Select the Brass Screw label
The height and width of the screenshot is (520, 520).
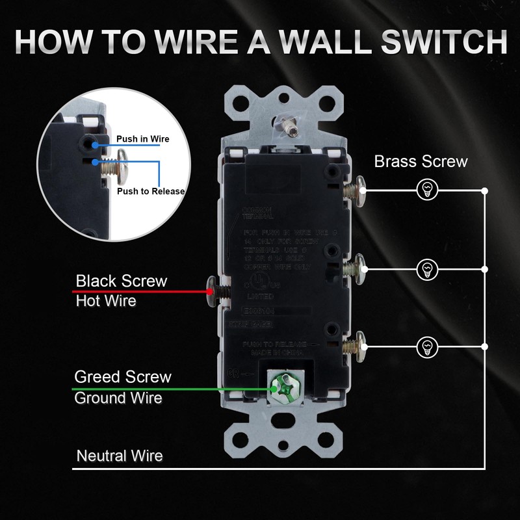click(x=421, y=161)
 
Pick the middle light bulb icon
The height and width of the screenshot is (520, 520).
click(x=427, y=267)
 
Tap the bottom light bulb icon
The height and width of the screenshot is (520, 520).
click(x=427, y=344)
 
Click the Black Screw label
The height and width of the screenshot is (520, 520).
click(x=122, y=281)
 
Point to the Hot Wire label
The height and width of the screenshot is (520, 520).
click(x=106, y=301)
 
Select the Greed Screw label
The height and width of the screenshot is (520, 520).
click(x=123, y=377)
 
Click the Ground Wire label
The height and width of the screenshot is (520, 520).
click(x=118, y=398)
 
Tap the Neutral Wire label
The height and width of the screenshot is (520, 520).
click(x=120, y=455)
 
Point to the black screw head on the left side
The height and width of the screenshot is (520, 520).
click(x=212, y=291)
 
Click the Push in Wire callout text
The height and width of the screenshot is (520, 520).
click(x=142, y=139)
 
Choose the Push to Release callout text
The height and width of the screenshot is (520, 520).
click(x=151, y=191)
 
